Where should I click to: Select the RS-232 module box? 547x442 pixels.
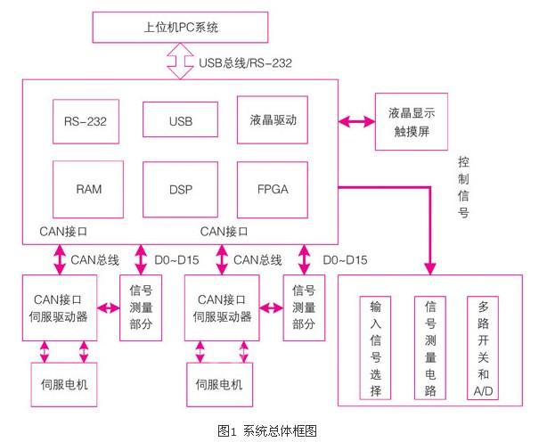click(86, 121)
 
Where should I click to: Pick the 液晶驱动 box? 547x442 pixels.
click(273, 120)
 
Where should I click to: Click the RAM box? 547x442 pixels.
click(87, 190)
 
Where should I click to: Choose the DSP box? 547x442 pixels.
click(180, 190)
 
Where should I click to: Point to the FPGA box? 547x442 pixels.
click(273, 190)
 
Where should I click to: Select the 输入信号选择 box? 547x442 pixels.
click(374, 348)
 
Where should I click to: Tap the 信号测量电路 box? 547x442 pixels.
click(429, 348)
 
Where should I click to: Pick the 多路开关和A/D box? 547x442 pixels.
click(484, 348)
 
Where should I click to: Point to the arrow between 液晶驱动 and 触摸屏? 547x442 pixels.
click(356, 120)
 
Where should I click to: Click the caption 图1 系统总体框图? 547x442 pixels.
click(267, 430)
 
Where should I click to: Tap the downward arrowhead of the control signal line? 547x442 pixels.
click(431, 266)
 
